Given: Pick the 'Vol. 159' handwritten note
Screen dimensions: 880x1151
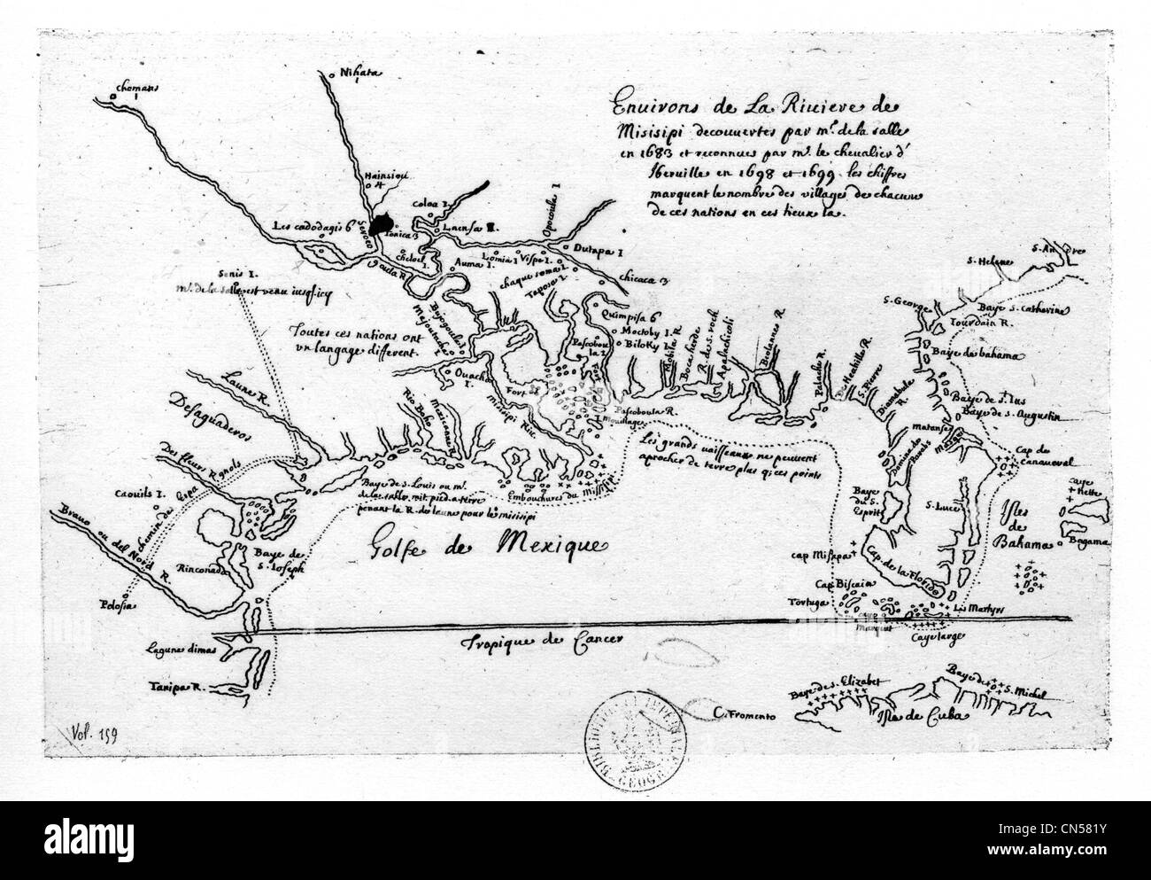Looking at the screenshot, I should point(89,733).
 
